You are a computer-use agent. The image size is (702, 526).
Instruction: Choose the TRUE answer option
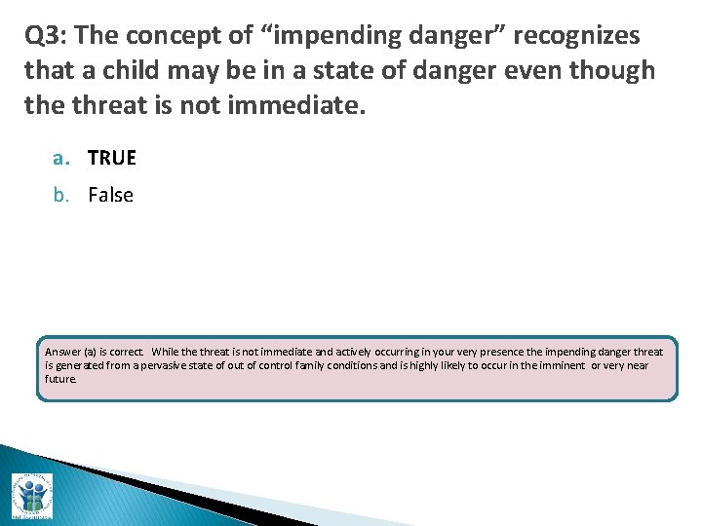(112, 158)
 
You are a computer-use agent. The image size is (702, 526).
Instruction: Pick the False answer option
(110, 195)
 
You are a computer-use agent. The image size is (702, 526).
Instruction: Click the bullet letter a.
(60, 158)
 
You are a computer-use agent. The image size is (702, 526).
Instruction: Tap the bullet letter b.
(60, 195)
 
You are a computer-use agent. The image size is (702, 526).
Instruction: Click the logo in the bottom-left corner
(31, 495)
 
